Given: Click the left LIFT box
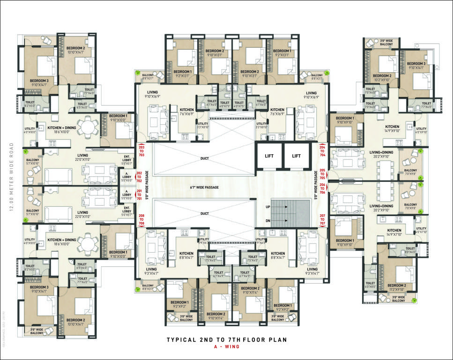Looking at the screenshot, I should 269,156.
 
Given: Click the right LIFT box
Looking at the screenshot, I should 296,156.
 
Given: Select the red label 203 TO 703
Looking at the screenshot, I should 142,150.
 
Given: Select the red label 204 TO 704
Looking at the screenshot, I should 322,150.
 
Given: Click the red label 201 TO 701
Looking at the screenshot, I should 139,195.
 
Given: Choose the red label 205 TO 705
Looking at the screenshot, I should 322,174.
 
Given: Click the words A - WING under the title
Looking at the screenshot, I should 226,348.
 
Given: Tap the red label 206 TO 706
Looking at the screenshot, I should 322,188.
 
